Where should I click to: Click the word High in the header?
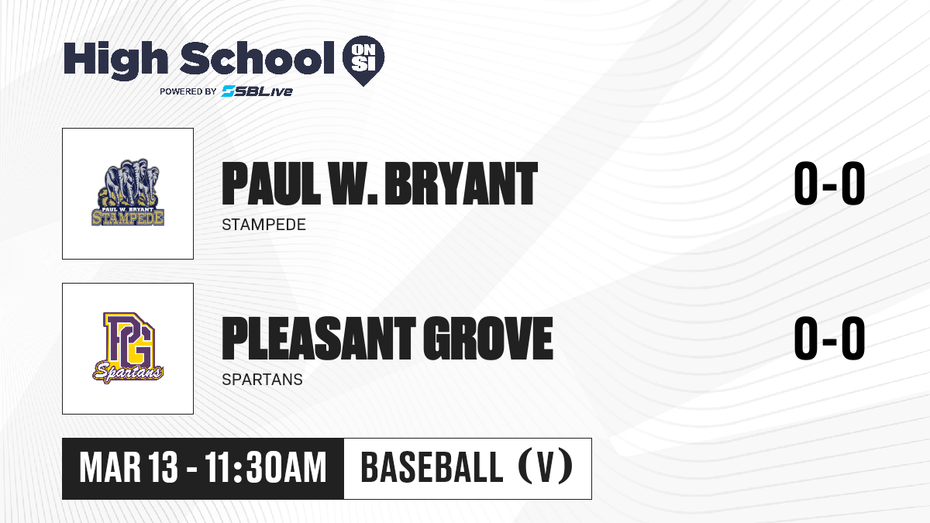115,60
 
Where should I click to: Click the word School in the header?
257,58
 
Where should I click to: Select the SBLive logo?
257,91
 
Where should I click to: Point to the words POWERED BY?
188,91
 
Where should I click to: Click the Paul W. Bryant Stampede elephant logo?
128,192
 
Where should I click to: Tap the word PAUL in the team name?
271,184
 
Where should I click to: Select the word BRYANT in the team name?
461,184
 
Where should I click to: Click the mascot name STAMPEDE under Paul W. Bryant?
263,225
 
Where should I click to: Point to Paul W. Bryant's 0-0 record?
829,184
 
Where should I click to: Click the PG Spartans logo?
128,347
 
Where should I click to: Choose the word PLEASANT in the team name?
319,339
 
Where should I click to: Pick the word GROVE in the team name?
488,339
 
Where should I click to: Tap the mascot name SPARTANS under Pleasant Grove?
263,380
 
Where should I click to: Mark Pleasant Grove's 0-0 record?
829,339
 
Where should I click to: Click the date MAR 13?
129,468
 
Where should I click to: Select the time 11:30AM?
265,468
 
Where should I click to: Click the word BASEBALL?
432,468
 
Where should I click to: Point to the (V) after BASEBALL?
546,468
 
